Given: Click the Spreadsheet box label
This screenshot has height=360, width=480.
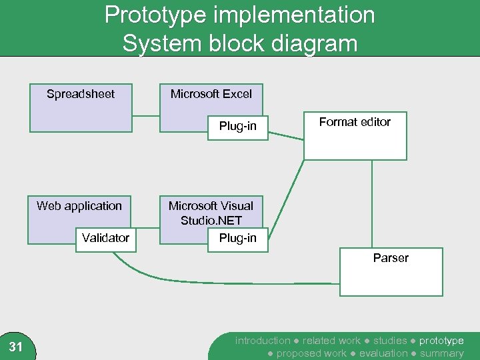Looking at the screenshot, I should pos(81,94).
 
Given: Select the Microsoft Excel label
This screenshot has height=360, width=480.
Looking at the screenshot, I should pos(211,94).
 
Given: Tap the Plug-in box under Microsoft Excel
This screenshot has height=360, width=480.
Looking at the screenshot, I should pos(238,127).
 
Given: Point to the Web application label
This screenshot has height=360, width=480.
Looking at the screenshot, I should pos(79,206).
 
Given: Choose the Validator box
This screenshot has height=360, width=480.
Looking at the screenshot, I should pos(105,238).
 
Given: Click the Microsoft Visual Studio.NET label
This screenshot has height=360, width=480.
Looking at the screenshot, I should pos(211,213).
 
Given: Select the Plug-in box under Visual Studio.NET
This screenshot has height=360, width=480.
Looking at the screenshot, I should pos(238,239).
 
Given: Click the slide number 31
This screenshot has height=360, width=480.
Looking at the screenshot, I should pos(16,347).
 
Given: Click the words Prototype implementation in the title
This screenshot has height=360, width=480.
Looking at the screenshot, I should pos(240,15).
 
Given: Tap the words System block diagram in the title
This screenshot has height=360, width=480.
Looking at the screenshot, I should pos(240,44).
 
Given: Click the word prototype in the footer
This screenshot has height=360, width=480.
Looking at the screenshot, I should pos(441,341).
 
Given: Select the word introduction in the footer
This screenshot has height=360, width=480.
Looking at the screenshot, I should pos(263,341).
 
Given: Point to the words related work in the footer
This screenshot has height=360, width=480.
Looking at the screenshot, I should pos(331,341).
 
